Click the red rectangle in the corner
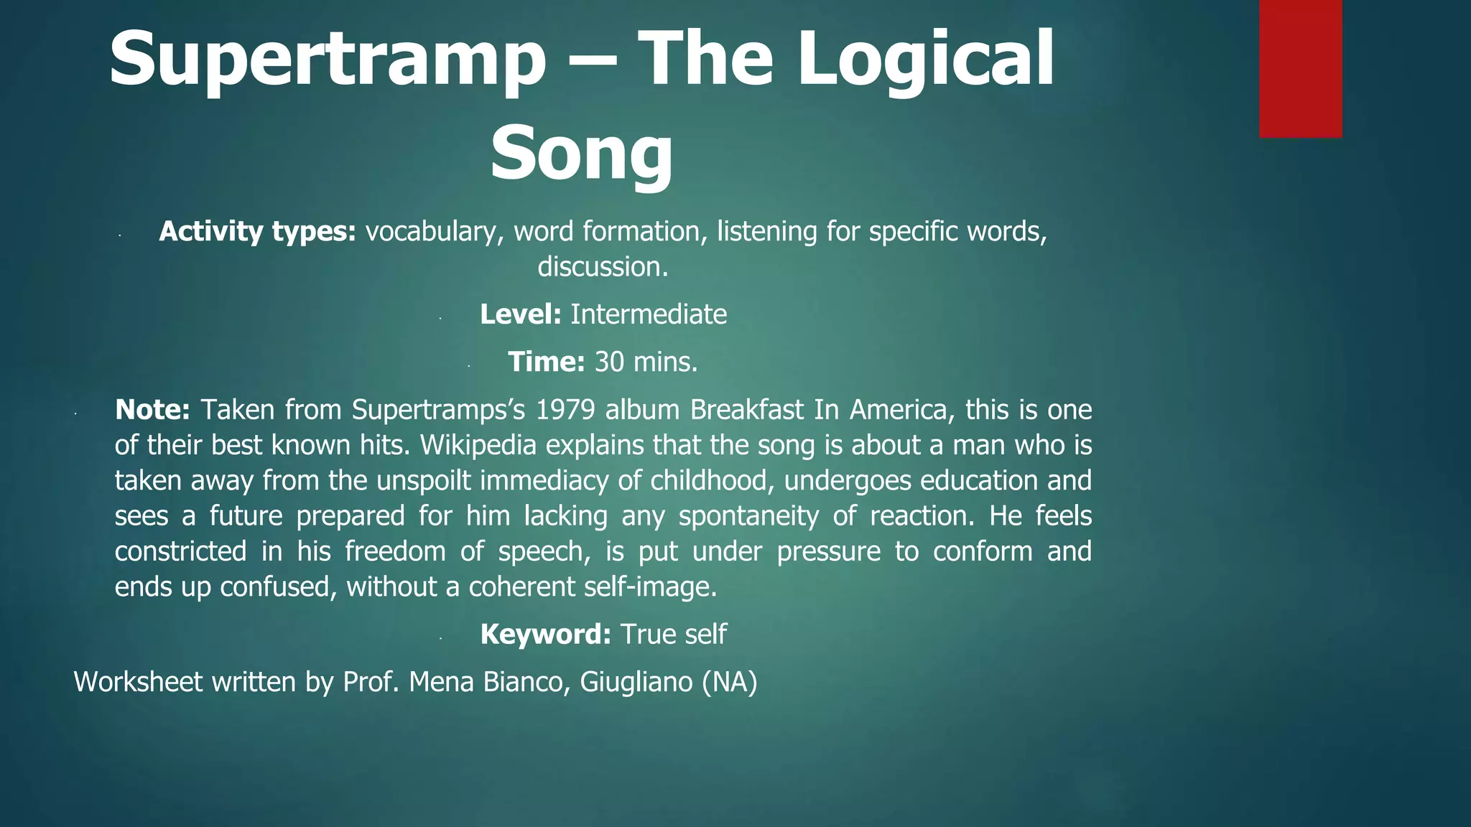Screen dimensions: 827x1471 1300,68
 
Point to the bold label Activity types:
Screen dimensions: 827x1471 257,231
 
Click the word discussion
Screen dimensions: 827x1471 603,267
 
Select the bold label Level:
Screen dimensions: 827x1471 520,314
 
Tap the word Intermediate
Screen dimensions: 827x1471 649,314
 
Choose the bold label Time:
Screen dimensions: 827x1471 547,362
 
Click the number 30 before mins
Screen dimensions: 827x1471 609,362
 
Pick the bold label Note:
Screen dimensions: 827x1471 152,409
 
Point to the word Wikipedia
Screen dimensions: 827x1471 478,445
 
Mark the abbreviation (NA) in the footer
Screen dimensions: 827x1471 729,682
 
